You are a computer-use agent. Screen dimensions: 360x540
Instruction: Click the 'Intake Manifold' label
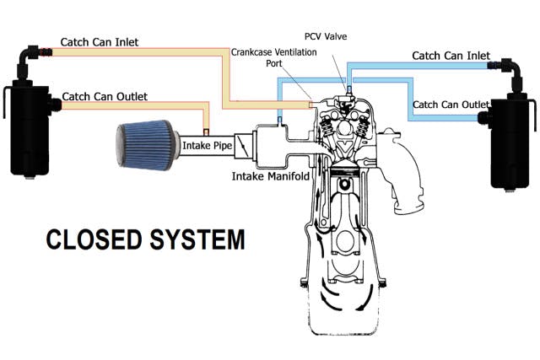pyautogui.click(x=271, y=177)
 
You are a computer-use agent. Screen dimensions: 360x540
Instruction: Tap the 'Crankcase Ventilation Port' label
pyautogui.click(x=264, y=56)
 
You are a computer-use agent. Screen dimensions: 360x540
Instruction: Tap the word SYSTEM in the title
pyautogui.click(x=189, y=239)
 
